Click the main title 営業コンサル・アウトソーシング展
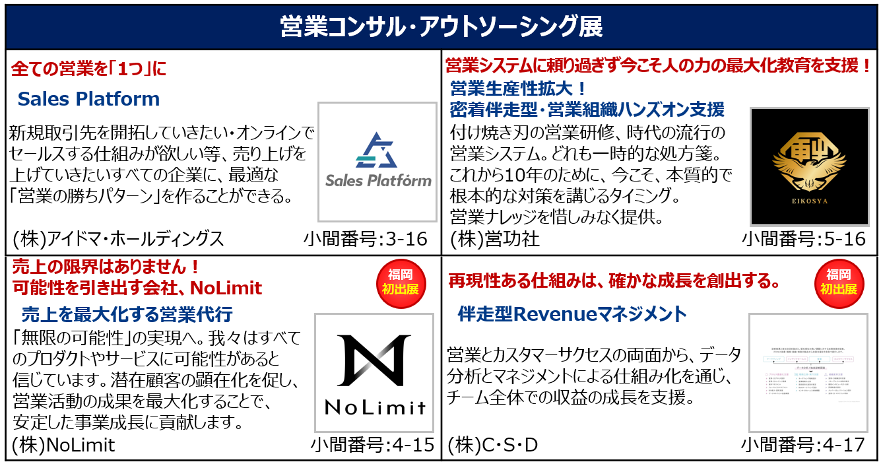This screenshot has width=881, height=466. (440, 27)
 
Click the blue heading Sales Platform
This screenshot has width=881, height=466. (88, 99)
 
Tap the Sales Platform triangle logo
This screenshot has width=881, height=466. (377, 151)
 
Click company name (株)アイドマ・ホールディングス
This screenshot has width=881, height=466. (118, 238)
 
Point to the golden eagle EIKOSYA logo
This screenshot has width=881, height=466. (809, 166)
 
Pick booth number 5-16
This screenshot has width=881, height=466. (803, 238)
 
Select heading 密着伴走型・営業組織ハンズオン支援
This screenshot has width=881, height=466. (587, 109)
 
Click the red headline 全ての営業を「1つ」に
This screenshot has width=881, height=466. (89, 69)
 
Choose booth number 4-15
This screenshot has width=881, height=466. (372, 445)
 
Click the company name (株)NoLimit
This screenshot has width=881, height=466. (63, 445)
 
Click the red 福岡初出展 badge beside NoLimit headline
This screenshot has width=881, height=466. (401, 281)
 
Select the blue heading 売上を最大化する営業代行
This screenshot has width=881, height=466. (127, 314)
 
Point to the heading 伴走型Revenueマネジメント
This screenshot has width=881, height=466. (572, 314)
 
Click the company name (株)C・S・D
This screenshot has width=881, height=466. (493, 445)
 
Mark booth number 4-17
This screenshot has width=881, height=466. (802, 445)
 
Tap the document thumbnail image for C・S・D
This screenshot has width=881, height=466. (808, 373)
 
